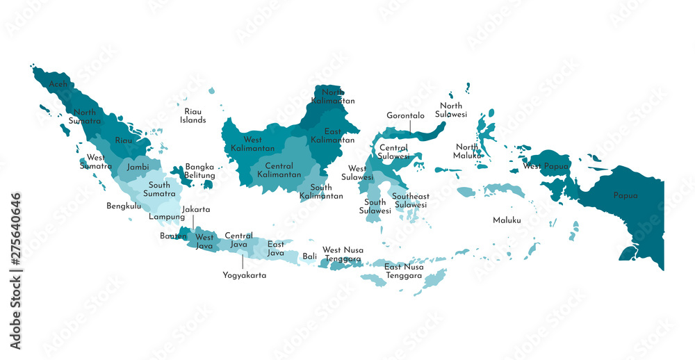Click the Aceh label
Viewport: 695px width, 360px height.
tap(58, 84)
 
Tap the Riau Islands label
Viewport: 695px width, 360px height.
tap(193, 115)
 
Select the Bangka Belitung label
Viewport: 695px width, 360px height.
tap(199, 171)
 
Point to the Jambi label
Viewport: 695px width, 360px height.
tap(138, 167)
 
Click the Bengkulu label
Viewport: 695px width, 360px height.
tap(124, 206)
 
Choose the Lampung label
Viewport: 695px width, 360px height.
tap(167, 216)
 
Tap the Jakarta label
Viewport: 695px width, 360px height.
tap(195, 209)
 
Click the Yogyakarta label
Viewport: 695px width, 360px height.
tap(244, 275)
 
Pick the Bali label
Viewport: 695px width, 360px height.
tap(310, 256)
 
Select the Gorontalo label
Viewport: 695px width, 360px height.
tap(406, 115)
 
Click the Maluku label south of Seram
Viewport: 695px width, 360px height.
tap(507, 220)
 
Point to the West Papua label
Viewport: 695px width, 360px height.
tap(546, 166)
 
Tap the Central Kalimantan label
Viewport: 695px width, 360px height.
tap(279, 170)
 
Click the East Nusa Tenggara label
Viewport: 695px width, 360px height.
tap(404, 271)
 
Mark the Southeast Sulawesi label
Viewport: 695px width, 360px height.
tap(410, 201)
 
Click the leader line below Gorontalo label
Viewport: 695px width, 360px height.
tap(409, 126)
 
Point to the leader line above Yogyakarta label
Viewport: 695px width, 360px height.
tap(243, 262)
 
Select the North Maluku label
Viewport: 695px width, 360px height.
tap(467, 151)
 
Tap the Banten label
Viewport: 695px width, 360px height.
tap(173, 236)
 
